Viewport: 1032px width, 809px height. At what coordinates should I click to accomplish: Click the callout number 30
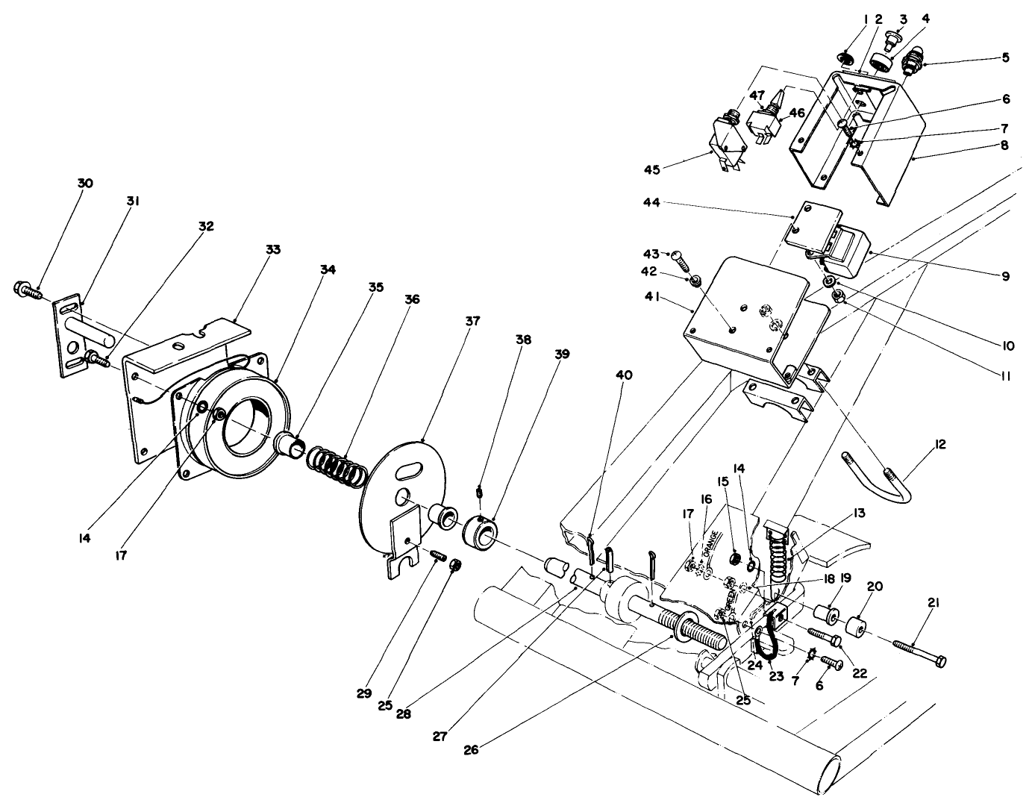click(x=85, y=184)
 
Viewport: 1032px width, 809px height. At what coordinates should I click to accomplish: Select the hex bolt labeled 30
click(x=24, y=290)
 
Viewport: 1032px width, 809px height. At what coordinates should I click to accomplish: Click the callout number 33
click(x=273, y=249)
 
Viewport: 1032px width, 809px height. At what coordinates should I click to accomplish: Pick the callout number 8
click(x=1004, y=146)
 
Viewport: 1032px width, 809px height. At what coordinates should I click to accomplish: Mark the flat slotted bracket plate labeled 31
click(x=72, y=337)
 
